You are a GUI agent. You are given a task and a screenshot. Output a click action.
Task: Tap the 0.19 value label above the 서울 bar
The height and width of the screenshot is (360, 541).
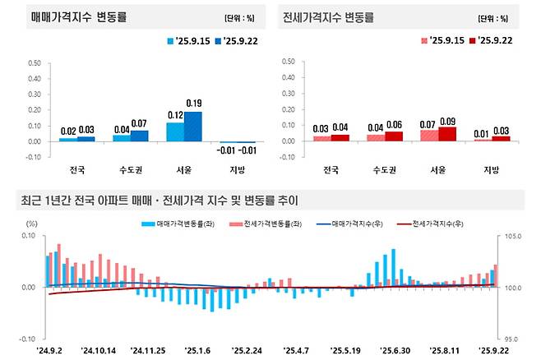click(194, 104)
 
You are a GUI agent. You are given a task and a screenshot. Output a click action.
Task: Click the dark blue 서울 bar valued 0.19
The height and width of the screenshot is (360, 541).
click(194, 127)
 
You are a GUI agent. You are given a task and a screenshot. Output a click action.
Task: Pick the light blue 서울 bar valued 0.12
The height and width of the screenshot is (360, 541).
click(175, 132)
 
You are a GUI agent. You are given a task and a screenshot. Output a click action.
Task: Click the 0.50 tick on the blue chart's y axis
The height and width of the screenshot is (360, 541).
click(35, 62)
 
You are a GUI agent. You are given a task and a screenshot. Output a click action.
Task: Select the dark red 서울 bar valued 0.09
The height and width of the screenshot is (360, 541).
click(447, 134)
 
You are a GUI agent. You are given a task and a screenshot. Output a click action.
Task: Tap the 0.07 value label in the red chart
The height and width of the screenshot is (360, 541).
click(428, 123)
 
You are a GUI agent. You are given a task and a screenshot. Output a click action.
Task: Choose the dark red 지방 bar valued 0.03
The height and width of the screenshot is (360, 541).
click(501, 139)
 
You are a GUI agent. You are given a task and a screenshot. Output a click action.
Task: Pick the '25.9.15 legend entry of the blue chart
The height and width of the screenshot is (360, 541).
click(187, 39)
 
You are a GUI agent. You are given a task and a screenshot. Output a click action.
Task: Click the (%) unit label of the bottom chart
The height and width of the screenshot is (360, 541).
click(32, 224)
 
